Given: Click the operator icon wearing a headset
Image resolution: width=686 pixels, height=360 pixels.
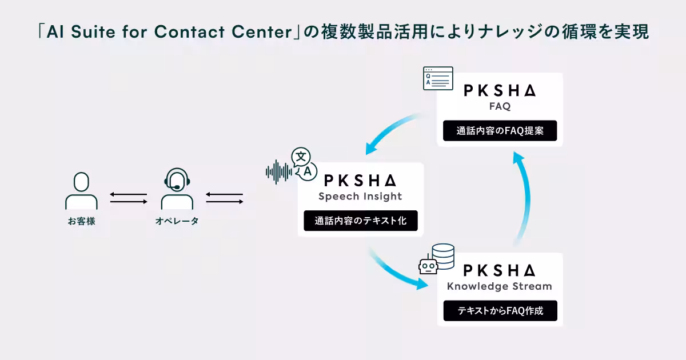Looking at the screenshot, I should click(x=177, y=189).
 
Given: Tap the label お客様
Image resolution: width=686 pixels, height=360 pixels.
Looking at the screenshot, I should click(x=81, y=221).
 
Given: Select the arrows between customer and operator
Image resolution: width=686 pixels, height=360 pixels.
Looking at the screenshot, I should click(x=129, y=198).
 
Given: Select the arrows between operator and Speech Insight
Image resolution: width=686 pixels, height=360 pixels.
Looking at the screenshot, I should click(x=225, y=198).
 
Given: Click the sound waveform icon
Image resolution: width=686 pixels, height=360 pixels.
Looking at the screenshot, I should click(x=278, y=171).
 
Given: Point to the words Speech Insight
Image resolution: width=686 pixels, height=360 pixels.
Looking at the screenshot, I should click(x=360, y=197).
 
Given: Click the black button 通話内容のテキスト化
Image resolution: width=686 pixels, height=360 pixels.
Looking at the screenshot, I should click(x=360, y=221).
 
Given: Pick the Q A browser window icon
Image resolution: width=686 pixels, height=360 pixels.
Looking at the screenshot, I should click(x=438, y=78).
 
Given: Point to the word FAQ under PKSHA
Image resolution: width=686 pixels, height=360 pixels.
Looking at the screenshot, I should click(x=500, y=107).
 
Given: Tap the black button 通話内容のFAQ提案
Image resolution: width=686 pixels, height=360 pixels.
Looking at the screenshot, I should click(x=500, y=131).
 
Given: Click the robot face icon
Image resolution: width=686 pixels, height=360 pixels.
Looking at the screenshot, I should click(x=428, y=266).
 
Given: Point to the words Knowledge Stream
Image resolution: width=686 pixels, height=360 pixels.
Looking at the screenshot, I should click(x=500, y=286).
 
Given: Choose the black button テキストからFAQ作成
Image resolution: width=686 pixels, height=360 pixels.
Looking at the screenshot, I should click(x=500, y=311).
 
